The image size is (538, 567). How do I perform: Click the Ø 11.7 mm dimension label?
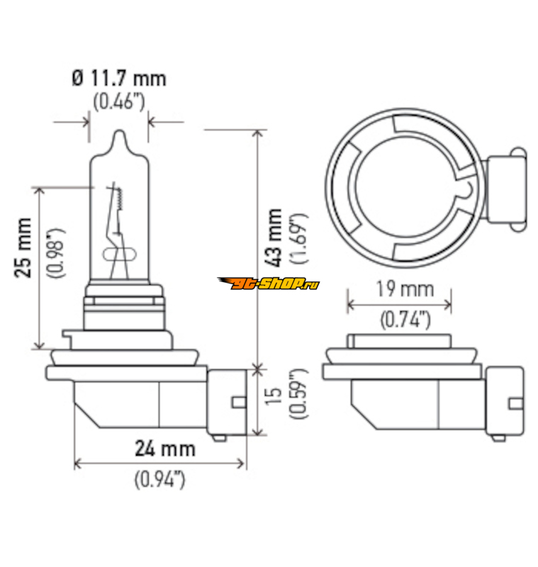[119, 79]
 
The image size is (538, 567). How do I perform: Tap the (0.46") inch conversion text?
[119, 101]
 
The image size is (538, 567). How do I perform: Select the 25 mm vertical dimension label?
[23, 247]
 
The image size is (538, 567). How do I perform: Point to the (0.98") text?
[57, 253]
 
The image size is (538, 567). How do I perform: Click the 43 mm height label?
[274, 237]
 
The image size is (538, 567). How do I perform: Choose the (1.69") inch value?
[298, 238]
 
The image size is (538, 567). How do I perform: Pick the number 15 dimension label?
[274, 396]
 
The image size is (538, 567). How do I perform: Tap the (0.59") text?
[298, 394]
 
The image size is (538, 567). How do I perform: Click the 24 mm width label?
[165, 449]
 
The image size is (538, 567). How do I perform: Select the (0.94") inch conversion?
[159, 480]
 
